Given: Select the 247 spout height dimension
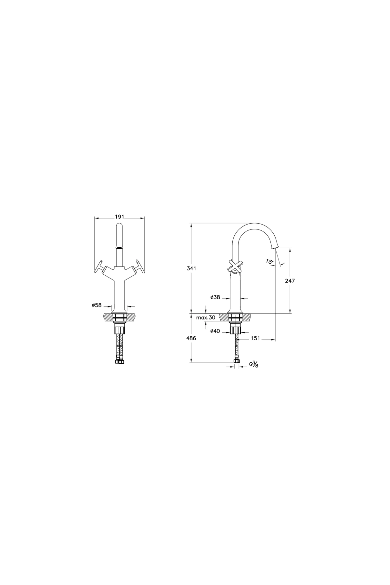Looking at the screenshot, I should (290, 281).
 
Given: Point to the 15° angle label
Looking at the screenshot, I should (269, 261).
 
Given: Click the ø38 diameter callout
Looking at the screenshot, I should (215, 297).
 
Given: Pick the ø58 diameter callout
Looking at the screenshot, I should (97, 305).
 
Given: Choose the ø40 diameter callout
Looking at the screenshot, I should (215, 331).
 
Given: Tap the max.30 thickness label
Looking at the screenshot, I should (206, 318).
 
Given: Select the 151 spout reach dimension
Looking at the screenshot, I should (256, 338).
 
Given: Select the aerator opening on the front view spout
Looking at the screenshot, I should (120, 247).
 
